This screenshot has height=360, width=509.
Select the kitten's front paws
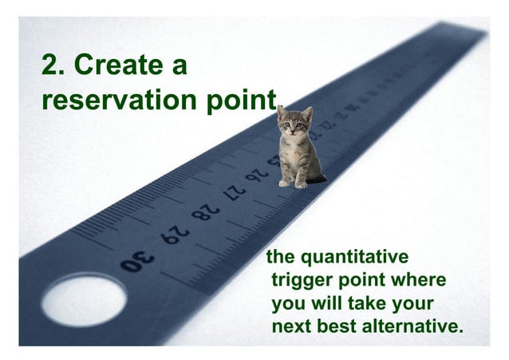[292, 183]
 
